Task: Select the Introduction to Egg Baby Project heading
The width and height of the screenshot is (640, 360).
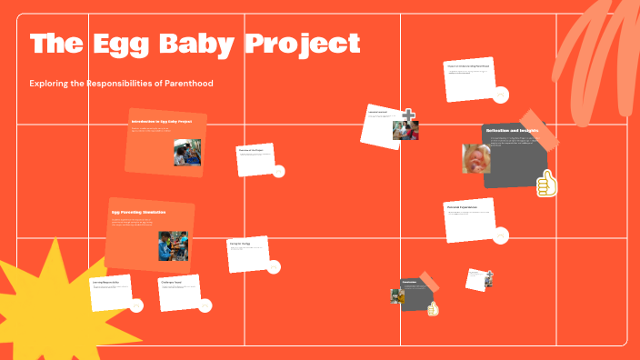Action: click(x=161, y=121)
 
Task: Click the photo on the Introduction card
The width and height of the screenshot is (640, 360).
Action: click(x=187, y=152)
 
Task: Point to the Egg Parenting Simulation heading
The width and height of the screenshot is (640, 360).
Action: click(x=138, y=212)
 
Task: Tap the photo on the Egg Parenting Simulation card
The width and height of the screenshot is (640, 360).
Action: click(x=173, y=245)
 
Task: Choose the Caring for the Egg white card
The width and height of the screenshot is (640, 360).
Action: click(x=247, y=254)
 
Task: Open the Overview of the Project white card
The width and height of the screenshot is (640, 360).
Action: click(x=256, y=158)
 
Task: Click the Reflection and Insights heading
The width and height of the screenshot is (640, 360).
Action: click(x=512, y=131)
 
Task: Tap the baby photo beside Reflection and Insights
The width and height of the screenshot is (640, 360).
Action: click(x=476, y=158)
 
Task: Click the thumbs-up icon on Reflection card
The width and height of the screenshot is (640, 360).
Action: click(x=545, y=185)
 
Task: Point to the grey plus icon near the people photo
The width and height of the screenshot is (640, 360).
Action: click(x=410, y=115)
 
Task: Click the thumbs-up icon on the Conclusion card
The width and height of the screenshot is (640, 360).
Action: click(x=433, y=309)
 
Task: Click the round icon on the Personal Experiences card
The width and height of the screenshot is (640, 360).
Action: click(x=501, y=235)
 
